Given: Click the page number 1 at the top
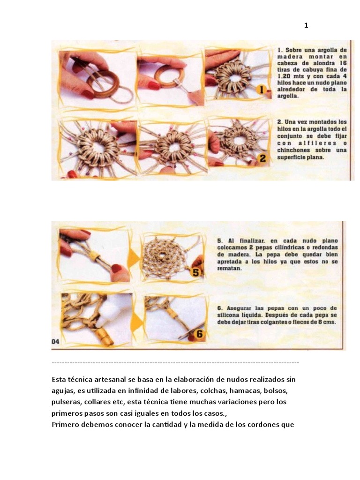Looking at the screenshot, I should tap(306, 25).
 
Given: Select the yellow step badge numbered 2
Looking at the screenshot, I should tap(262, 158).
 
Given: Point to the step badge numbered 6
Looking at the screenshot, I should tap(199, 334).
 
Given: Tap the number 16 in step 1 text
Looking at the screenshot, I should tap(342, 62).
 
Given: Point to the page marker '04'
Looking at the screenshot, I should tap(55, 342).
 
